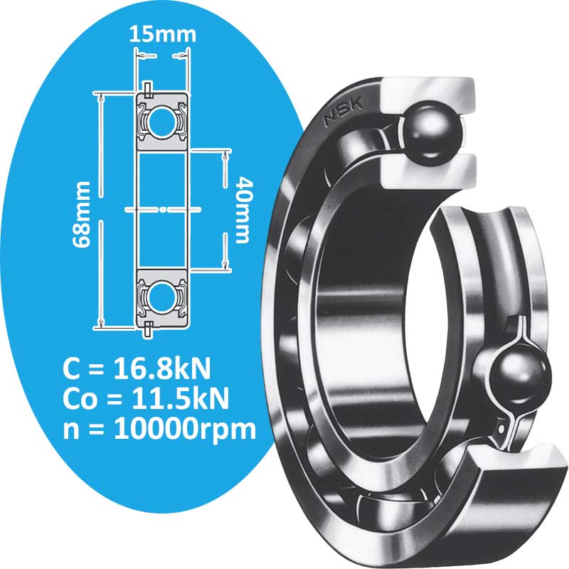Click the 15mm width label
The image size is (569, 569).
pyautogui.click(x=163, y=33)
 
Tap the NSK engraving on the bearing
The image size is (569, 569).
pyautogui.click(x=344, y=112)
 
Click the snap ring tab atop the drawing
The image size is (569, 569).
pyautogui.click(x=147, y=88)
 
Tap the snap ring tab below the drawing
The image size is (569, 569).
pyautogui.click(x=147, y=329)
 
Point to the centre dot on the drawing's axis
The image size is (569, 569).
pyautogui.click(x=162, y=209)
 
